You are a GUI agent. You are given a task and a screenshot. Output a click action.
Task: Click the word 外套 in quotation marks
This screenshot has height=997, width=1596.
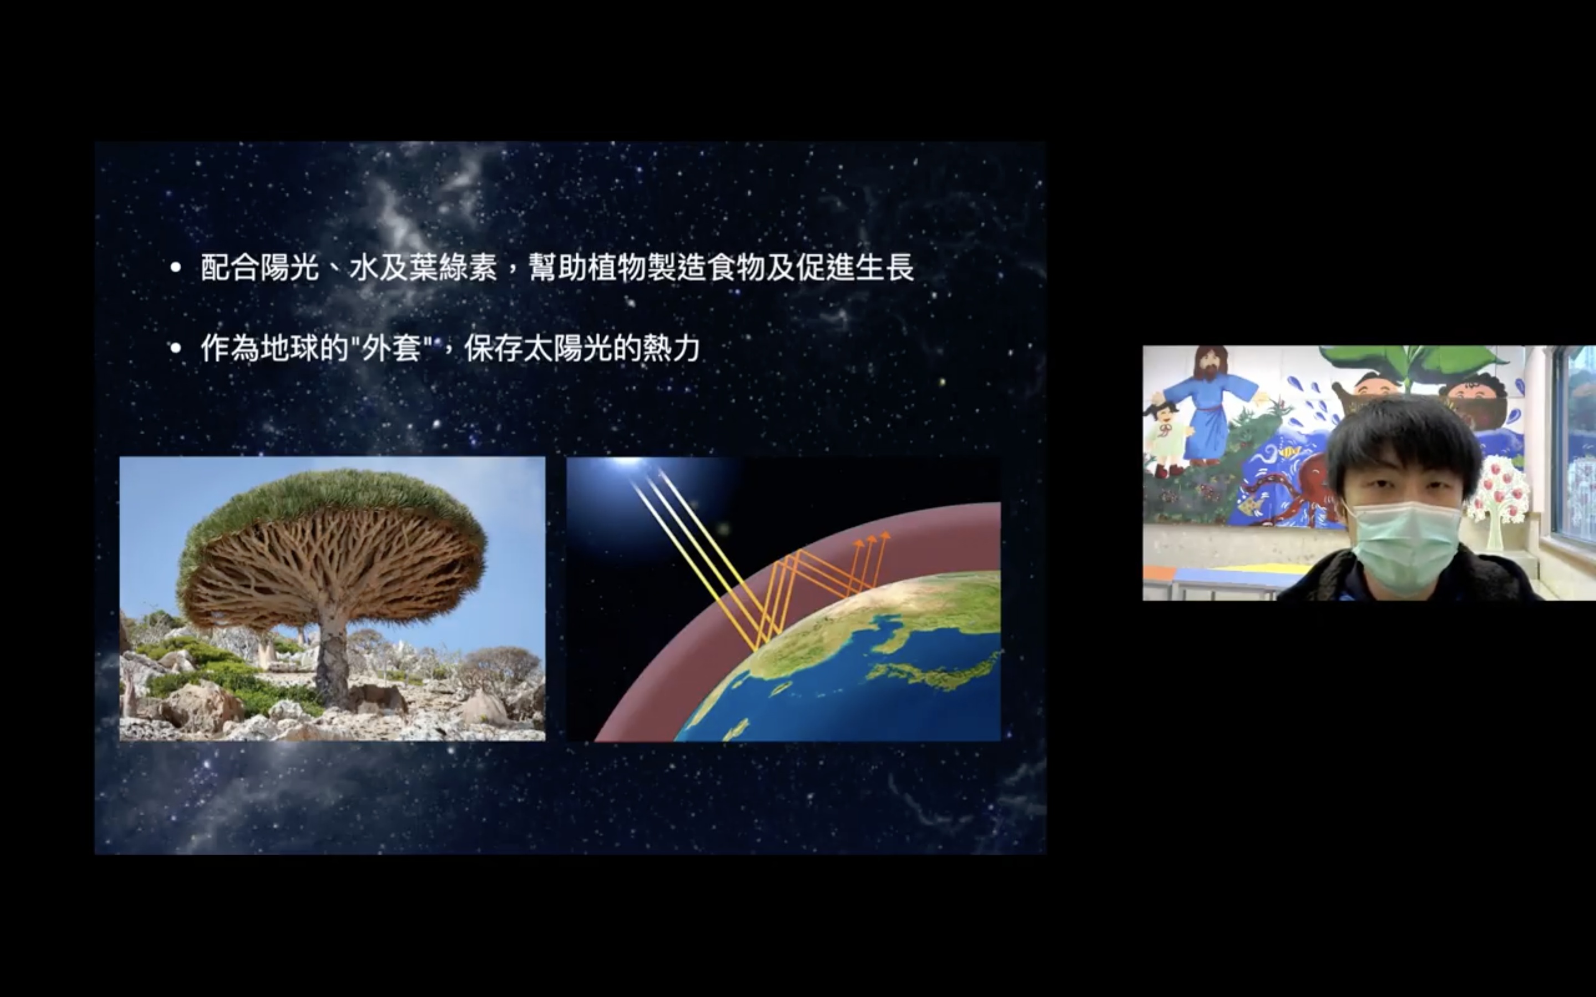392,348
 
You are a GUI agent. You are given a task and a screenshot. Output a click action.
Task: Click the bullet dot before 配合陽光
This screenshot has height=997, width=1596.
176,268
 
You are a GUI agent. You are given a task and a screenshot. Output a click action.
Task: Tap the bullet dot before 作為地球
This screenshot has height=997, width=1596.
176,348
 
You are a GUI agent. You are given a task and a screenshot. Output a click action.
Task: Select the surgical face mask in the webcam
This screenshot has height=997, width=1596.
1403,546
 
